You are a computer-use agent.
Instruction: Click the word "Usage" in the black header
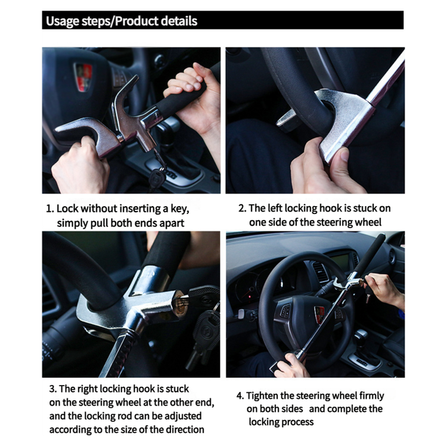coord(63,21)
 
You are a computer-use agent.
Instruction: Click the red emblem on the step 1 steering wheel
coord(83,77)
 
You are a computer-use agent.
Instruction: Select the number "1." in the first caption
coord(50,209)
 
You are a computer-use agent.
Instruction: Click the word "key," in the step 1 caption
coord(180,209)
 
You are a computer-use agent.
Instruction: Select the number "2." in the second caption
coord(243,208)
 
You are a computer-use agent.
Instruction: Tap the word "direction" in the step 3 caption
coord(185,429)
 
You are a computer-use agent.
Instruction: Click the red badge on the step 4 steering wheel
coord(319,315)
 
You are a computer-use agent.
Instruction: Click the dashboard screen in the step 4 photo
coord(340,260)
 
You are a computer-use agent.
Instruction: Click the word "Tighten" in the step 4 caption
coord(262,396)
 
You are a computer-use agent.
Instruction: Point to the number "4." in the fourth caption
coord(240,396)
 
